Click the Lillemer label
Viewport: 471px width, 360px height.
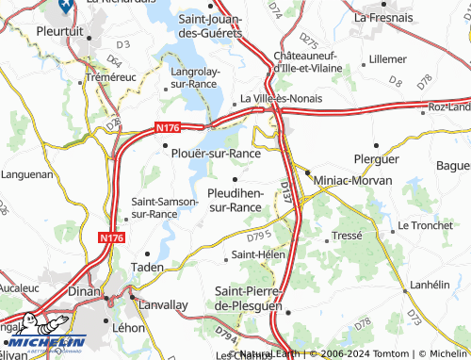tap(388, 58)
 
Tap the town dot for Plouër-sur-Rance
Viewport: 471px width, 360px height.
tap(166, 145)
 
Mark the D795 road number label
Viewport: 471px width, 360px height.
tap(260, 234)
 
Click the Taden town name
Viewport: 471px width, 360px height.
tap(146, 267)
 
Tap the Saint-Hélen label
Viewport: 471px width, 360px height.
tap(255, 254)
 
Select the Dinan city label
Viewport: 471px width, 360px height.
tap(87, 293)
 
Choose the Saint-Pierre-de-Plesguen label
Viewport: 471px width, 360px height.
tap(248, 300)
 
